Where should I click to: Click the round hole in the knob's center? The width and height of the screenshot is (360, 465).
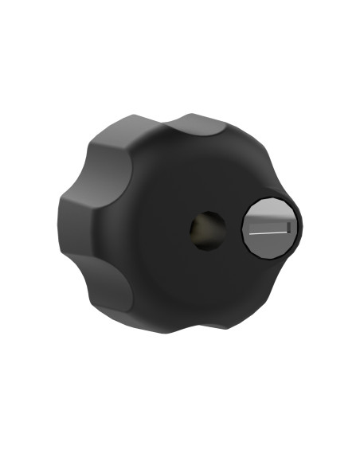pyautogui.click(x=207, y=230)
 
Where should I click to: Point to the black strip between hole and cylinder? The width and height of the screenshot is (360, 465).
pyautogui.click(x=233, y=229)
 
